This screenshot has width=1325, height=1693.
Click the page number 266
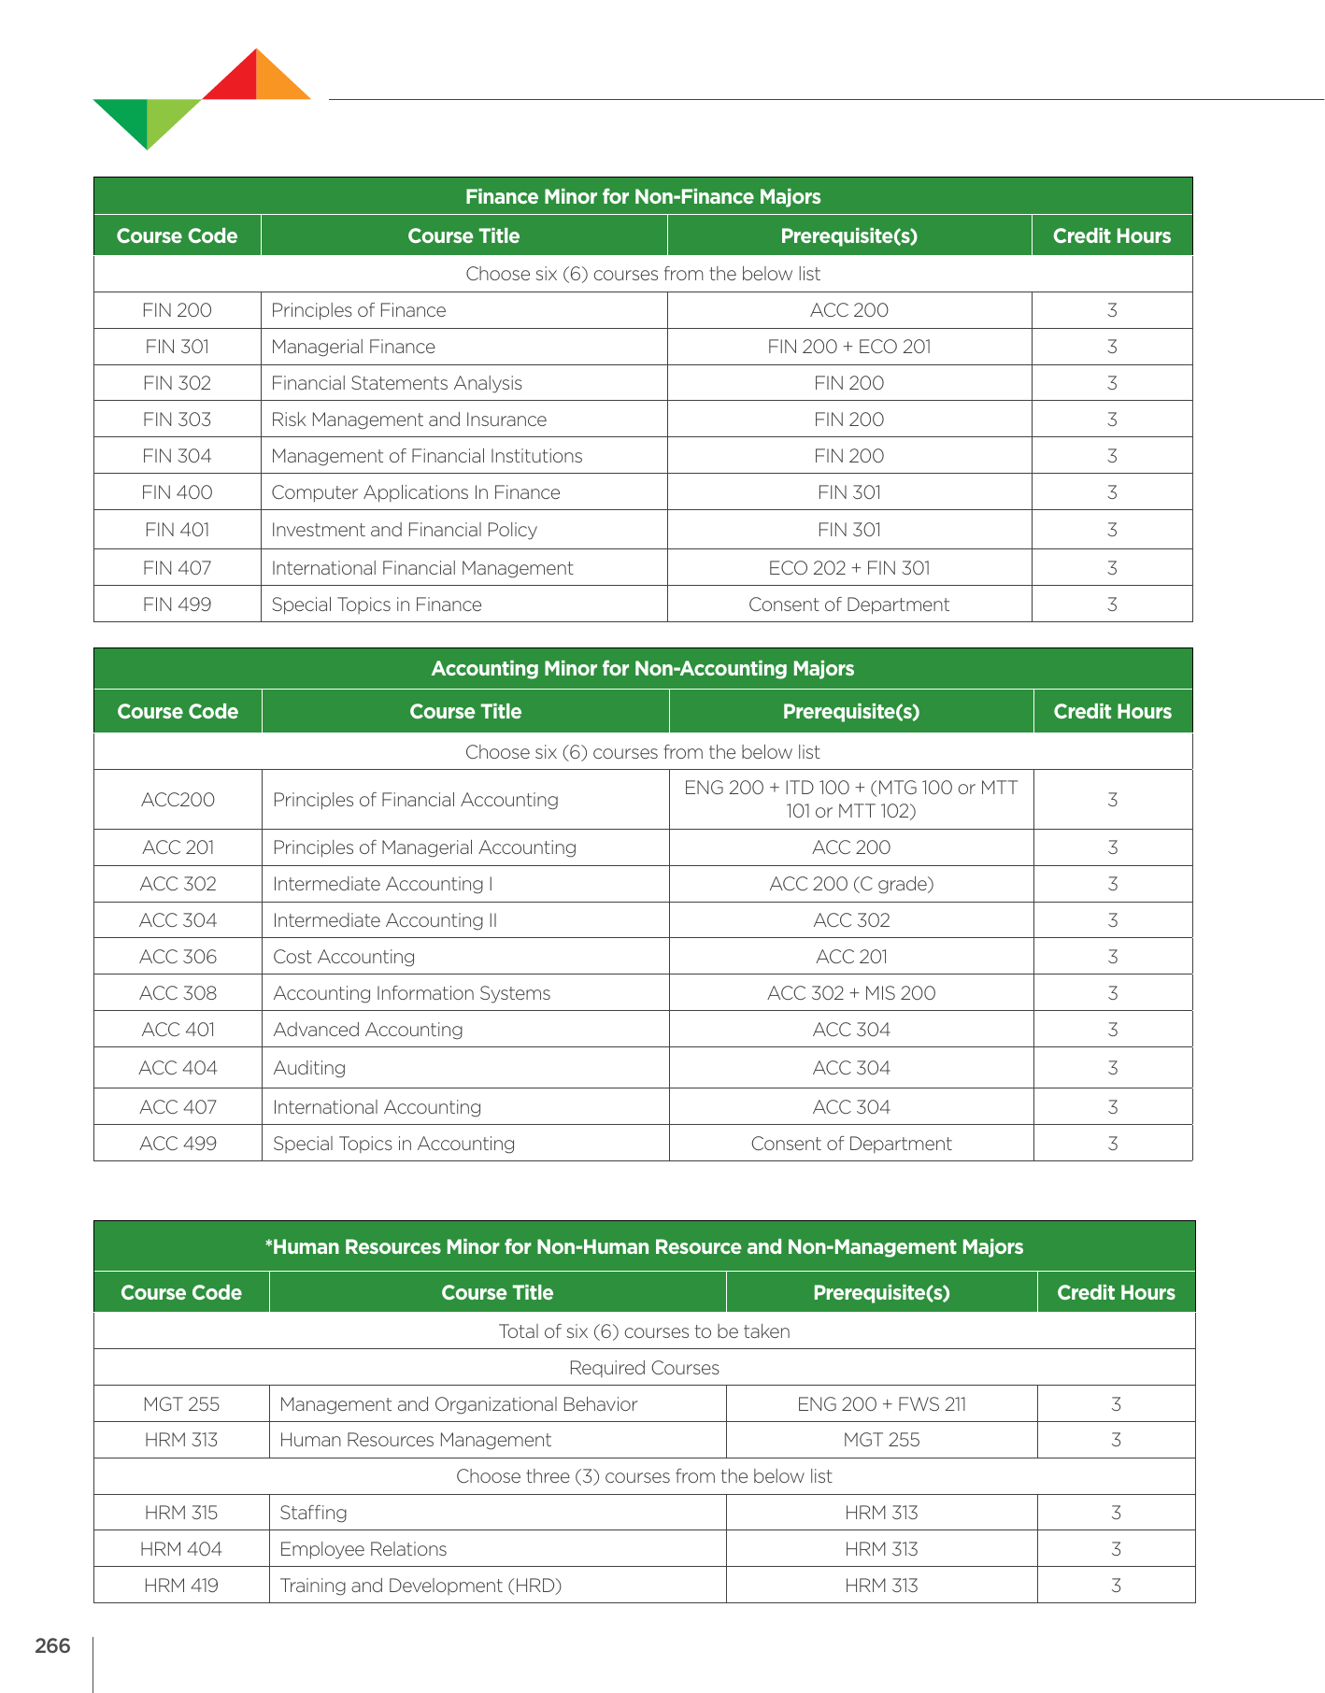click(52, 1645)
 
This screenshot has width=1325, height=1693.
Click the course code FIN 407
click(177, 568)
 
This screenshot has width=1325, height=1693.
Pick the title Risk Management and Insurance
click(408, 420)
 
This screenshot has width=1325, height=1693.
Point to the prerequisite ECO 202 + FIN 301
click(848, 568)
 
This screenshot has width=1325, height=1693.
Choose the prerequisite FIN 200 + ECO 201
click(848, 347)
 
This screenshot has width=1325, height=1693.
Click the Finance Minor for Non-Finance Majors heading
click(643, 197)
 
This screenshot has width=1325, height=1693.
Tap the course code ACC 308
click(178, 993)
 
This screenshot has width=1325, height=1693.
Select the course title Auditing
click(309, 1068)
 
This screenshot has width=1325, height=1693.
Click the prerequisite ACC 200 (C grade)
click(851, 884)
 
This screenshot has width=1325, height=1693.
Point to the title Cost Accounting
click(344, 957)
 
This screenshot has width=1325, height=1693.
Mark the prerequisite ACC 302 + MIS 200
click(851, 993)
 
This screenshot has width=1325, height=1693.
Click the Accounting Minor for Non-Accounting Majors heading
click(643, 669)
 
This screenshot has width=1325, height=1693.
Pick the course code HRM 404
click(180, 1549)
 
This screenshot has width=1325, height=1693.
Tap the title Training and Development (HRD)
click(420, 1586)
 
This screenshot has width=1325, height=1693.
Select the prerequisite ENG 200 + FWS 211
click(881, 1404)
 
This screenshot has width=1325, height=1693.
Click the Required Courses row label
click(644, 1368)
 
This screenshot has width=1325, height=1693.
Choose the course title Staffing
click(313, 1513)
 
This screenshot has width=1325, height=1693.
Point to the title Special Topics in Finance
click(377, 605)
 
